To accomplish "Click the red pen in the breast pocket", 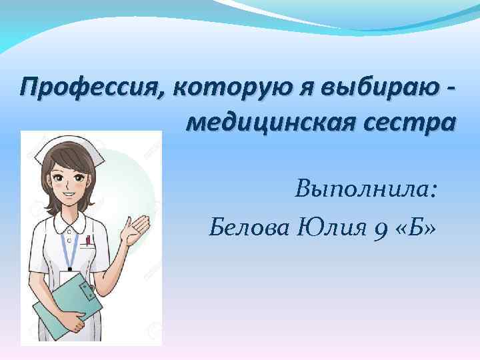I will point(87,240).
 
